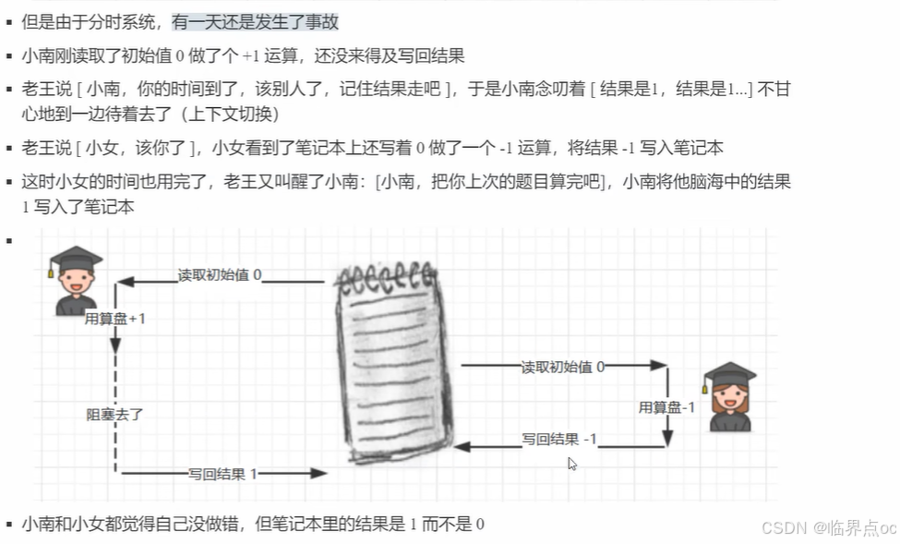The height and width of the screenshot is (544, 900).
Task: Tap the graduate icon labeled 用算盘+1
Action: (76, 281)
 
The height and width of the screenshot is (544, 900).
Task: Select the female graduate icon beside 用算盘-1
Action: (729, 397)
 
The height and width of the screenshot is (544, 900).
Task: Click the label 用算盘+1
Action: (115, 319)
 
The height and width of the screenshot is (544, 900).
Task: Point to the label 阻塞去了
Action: (114, 415)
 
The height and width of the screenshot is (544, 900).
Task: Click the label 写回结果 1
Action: (222, 473)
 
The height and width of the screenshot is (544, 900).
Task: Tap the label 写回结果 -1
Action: (559, 439)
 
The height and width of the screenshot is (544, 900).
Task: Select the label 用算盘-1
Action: (666, 406)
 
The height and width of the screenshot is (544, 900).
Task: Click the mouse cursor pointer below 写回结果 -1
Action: (572, 464)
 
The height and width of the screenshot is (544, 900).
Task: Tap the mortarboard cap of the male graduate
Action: (76, 257)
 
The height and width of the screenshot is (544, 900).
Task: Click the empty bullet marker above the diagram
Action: (9, 240)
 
